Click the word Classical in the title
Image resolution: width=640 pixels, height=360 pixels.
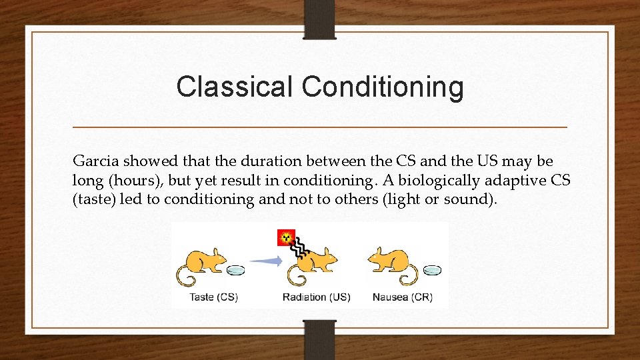pyautogui.click(x=235, y=87)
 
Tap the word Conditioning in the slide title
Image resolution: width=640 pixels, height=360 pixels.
pyautogui.click(x=383, y=87)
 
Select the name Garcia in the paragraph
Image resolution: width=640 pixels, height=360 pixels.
pyautogui.click(x=93, y=161)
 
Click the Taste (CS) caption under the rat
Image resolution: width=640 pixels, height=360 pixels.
pyautogui.click(x=213, y=297)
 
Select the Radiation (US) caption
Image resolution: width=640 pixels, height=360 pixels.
pyautogui.click(x=316, y=297)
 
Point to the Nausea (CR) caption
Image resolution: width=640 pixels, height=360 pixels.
pyautogui.click(x=402, y=297)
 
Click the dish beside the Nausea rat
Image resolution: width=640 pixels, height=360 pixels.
pyautogui.click(x=432, y=271)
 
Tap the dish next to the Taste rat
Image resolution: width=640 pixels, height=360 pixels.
pyautogui.click(x=235, y=271)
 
